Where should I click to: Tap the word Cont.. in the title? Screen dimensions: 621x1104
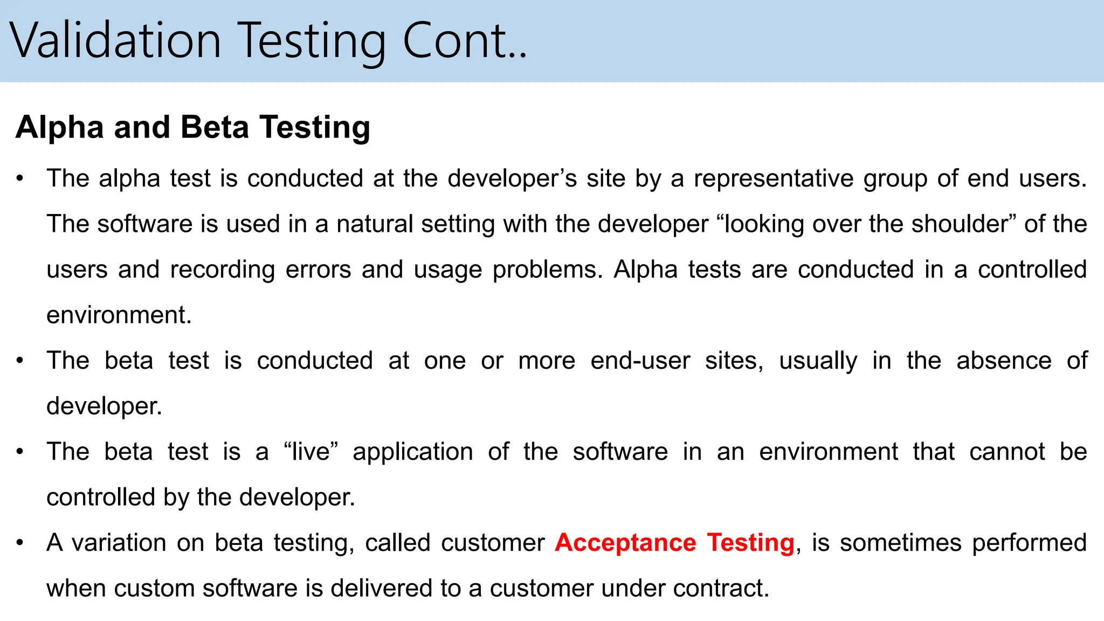(465, 40)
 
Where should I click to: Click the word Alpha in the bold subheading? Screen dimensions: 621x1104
(59, 128)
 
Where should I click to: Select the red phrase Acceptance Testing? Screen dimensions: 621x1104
(674, 543)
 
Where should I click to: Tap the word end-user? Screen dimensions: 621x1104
(640, 361)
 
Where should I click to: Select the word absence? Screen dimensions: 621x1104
(1004, 361)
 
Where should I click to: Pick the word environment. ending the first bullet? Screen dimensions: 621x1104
(119, 315)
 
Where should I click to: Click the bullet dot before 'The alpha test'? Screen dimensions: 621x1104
(20, 178)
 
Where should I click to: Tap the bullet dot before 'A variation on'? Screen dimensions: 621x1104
(20, 543)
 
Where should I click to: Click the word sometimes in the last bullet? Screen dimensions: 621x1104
(900, 543)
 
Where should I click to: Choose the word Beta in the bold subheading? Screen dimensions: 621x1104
(215, 128)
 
